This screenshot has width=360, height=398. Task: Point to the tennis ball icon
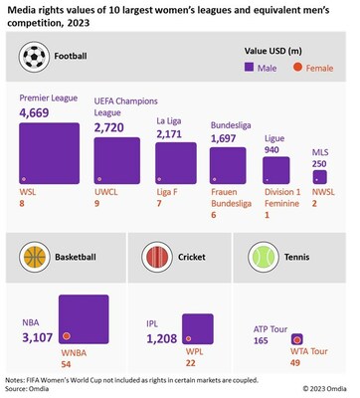tap(263, 255)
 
